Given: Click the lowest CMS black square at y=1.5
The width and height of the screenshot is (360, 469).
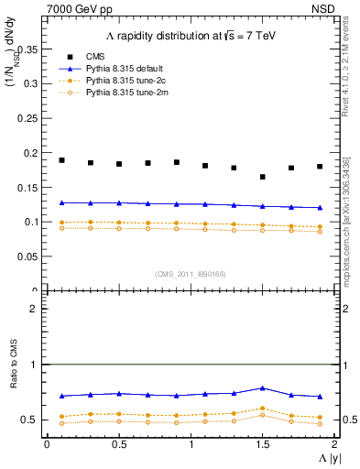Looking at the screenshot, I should [x=263, y=177].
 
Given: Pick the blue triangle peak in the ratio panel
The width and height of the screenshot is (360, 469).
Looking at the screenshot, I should [x=263, y=388].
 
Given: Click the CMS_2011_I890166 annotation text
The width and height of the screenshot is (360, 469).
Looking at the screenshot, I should [x=190, y=274].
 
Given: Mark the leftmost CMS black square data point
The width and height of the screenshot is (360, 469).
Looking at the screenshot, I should [x=61, y=160].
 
